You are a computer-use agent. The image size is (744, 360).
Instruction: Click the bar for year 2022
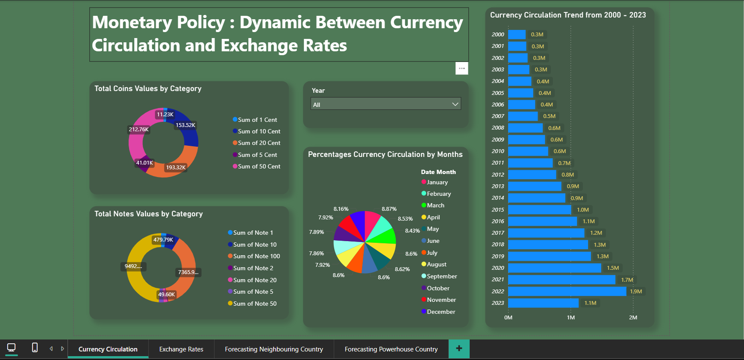pyautogui.click(x=567, y=291)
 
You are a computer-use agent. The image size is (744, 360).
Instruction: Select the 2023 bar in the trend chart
pyautogui.click(x=543, y=303)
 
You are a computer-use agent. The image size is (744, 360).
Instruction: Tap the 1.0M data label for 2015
pyautogui.click(x=582, y=210)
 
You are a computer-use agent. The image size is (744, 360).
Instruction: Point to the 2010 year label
pyautogui.click(x=498, y=151)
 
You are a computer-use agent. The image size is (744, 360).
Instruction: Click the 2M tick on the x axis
pyautogui.click(x=633, y=317)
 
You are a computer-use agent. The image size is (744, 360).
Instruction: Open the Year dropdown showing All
pyautogui.click(x=385, y=104)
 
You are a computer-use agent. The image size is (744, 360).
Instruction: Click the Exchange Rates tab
pyautogui.click(x=181, y=349)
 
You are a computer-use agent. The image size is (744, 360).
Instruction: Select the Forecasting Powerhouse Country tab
pyautogui.click(x=391, y=349)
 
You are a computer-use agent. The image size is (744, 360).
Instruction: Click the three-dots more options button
pyautogui.click(x=462, y=68)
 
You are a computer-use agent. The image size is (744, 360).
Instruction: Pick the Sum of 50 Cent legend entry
pyautogui.click(x=259, y=166)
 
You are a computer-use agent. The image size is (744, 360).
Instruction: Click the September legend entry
pyautogui.click(x=441, y=276)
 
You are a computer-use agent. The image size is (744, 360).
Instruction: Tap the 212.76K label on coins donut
pyautogui.click(x=139, y=129)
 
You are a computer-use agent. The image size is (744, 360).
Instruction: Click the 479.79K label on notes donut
pyautogui.click(x=163, y=239)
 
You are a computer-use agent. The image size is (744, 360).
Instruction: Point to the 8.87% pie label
pyautogui.click(x=389, y=209)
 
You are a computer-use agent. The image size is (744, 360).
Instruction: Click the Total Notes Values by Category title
pyautogui.click(x=148, y=214)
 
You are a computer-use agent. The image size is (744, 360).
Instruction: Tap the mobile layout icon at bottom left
pyautogui.click(x=35, y=348)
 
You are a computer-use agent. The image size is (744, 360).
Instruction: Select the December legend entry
pyautogui.click(x=441, y=312)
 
